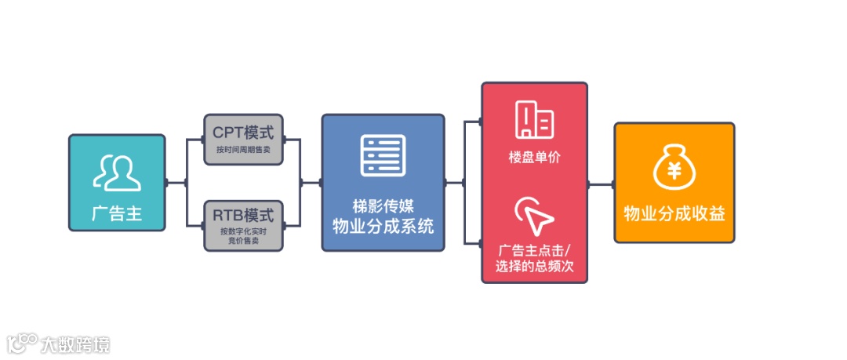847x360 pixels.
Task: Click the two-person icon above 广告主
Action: [117, 173]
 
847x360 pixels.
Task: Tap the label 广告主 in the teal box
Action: [117, 213]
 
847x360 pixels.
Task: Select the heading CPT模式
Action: [243, 131]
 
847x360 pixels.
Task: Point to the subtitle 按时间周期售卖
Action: [243, 149]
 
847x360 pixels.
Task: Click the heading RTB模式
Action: [243, 215]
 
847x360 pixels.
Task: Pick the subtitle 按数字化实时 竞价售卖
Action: [243, 236]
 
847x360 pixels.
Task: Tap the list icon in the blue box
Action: [383, 155]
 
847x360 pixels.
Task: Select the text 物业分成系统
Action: [383, 227]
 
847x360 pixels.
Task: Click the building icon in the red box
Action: [534, 120]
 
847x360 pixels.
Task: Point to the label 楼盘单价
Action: [534, 157]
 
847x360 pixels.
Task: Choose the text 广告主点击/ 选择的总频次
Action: [534, 258]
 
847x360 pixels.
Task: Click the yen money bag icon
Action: [674, 169]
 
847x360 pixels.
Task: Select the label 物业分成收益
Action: [674, 214]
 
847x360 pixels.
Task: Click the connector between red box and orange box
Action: [601, 185]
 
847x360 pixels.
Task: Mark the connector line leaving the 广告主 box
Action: [176, 184]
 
